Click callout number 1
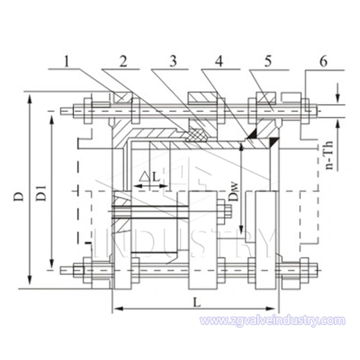[67, 62]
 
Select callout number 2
[123, 62]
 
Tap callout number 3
[173, 62]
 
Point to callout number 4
[219, 62]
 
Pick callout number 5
[268, 62]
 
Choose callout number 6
[323, 62]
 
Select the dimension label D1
[41, 193]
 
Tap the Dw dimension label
[235, 193]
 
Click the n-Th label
[329, 155]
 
